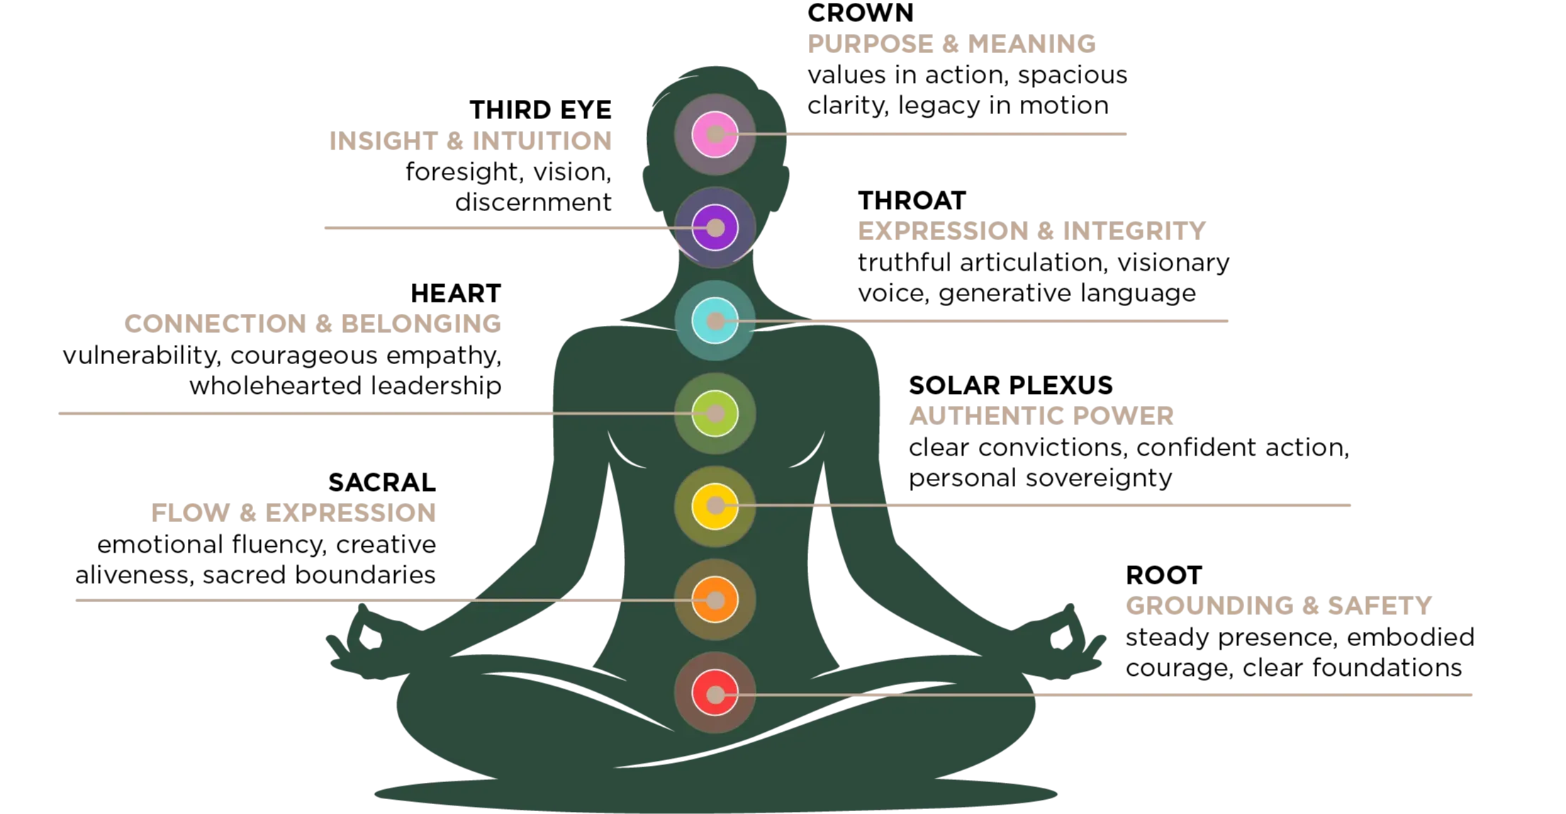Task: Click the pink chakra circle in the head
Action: click(x=715, y=134)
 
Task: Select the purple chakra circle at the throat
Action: click(x=715, y=227)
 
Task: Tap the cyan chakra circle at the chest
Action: click(x=715, y=321)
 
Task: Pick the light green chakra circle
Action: click(x=715, y=414)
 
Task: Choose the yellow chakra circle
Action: click(x=715, y=506)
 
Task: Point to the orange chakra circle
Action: click(x=715, y=600)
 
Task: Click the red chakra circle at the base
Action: click(x=715, y=694)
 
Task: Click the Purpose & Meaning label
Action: click(x=951, y=45)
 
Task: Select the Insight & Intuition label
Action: click(x=470, y=142)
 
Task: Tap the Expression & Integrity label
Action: click(x=1031, y=232)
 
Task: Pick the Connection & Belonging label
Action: click(x=314, y=323)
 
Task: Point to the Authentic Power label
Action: click(x=1041, y=414)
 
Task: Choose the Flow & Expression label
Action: click(x=291, y=513)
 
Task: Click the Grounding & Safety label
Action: click(x=1278, y=606)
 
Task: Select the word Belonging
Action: click(x=422, y=323)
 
